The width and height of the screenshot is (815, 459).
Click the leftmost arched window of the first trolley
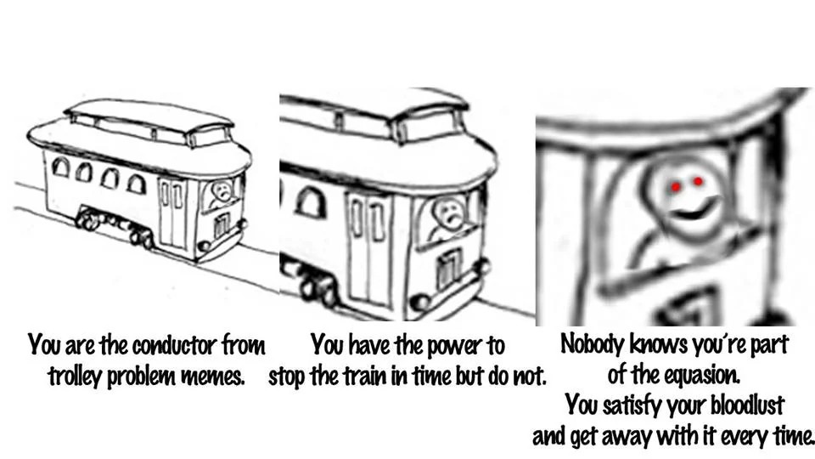click(61, 167)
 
